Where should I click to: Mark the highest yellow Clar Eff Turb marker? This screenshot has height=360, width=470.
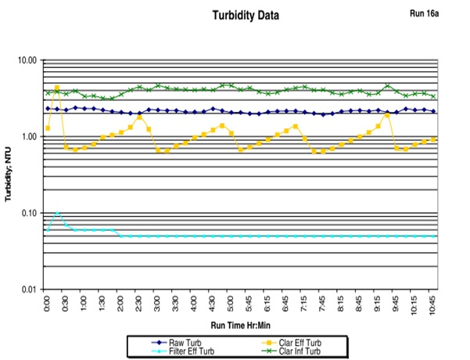tap(57, 88)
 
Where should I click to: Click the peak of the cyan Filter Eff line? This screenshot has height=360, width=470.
tap(57, 213)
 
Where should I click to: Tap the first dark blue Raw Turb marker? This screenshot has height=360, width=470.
tap(48, 109)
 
